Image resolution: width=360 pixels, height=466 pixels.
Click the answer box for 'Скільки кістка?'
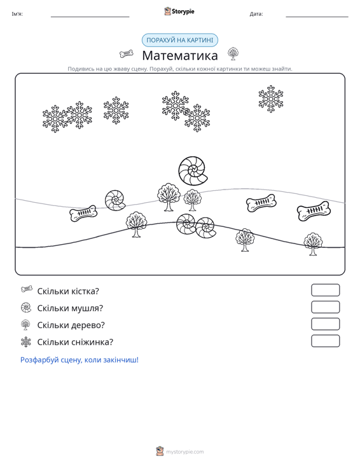coord(325,290)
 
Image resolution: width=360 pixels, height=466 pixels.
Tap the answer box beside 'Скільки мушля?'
coord(325,307)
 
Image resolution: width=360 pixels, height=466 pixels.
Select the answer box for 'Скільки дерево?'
coord(325,324)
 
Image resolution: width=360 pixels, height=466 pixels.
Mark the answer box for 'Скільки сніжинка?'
coord(325,341)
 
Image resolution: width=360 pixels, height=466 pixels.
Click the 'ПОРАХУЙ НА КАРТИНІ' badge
coord(180,40)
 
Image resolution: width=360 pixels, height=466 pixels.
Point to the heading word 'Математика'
coord(180,55)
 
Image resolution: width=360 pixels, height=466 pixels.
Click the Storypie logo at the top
coord(179,11)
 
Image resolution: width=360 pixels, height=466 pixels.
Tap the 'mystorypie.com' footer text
coord(185,452)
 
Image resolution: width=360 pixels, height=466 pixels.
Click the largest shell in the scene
coord(193,171)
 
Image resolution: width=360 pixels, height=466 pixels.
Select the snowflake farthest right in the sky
coord(271,99)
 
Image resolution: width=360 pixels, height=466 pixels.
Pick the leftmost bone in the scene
coord(83,213)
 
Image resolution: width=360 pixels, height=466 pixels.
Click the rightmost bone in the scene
coord(314,210)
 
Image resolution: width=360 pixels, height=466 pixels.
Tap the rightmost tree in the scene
coord(313,243)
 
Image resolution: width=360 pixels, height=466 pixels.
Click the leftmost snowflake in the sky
coord(55,119)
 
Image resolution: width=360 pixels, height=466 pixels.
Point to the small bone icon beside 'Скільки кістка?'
coord(27,289)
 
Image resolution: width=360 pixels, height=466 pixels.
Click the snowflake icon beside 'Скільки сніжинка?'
coord(26,342)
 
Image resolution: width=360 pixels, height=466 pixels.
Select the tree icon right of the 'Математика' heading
coord(233,53)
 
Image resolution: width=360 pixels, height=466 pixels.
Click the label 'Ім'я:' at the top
coord(17,14)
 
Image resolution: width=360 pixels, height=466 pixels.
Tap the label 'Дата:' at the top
coord(256,14)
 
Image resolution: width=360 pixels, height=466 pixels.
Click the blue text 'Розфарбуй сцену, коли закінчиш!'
coord(80,360)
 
